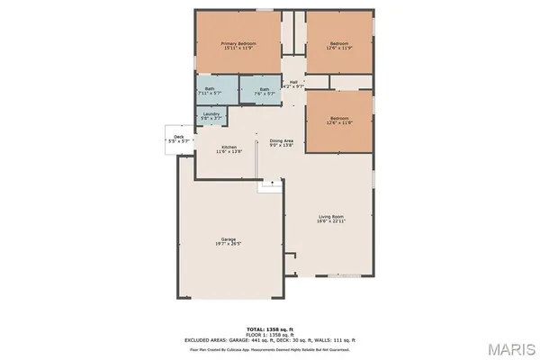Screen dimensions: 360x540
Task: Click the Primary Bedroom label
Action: click(239, 44)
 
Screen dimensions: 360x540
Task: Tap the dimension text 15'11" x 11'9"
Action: click(239, 49)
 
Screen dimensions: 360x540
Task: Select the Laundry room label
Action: click(211, 113)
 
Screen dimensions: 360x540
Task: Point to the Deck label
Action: click(178, 137)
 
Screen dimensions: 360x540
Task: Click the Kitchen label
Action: click(229, 147)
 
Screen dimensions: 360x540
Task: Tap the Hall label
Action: click(294, 82)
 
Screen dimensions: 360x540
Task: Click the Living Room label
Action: click(332, 216)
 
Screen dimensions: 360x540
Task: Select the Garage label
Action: click(229, 238)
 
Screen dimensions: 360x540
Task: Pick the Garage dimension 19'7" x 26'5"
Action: click(229, 244)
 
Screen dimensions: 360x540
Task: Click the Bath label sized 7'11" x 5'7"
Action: click(209, 88)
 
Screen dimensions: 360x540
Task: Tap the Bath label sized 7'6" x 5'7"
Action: click(265, 89)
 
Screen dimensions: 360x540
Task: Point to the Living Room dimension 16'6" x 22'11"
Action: click(332, 221)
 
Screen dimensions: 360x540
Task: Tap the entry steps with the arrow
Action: click(269, 184)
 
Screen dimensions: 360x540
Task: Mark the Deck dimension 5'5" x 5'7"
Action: click(178, 142)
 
